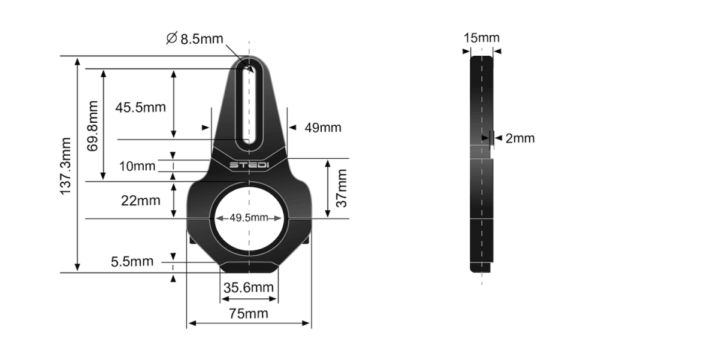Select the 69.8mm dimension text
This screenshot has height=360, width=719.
tap(93, 126)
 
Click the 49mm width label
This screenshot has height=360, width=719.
tap(323, 128)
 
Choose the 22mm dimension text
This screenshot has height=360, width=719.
tap(140, 201)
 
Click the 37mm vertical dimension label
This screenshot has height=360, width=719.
tap(342, 188)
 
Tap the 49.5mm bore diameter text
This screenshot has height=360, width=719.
tap(249, 217)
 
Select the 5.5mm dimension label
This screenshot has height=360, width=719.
tap(132, 262)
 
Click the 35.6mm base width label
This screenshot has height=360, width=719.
tap(249, 288)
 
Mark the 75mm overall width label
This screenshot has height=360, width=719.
tap(249, 313)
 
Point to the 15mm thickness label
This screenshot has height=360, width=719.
tap(481, 38)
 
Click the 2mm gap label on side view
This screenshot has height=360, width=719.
tap(519, 138)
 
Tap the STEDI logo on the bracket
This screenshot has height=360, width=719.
tap(249, 165)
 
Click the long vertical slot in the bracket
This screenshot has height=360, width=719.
tap(249, 105)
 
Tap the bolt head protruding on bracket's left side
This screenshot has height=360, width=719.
tap(192, 240)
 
